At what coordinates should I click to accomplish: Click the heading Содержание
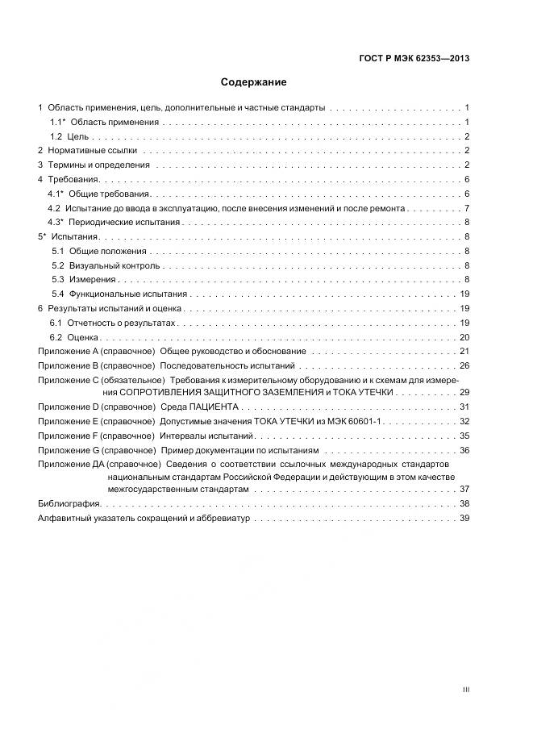(254, 81)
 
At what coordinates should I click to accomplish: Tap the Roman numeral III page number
(465, 690)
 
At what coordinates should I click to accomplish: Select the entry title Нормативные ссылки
(93, 151)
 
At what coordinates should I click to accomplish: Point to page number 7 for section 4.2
(467, 208)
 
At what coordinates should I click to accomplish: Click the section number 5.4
(58, 294)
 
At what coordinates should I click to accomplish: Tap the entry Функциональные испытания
(128, 294)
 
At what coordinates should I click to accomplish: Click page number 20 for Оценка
(464, 337)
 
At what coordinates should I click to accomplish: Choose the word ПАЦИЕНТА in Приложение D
(217, 407)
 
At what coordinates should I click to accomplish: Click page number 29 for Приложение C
(464, 392)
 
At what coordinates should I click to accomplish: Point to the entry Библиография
(69, 503)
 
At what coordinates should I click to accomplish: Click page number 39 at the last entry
(464, 519)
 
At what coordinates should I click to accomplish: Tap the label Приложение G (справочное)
(96, 450)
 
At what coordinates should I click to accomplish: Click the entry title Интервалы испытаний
(196, 436)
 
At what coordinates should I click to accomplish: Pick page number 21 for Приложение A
(464, 352)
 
